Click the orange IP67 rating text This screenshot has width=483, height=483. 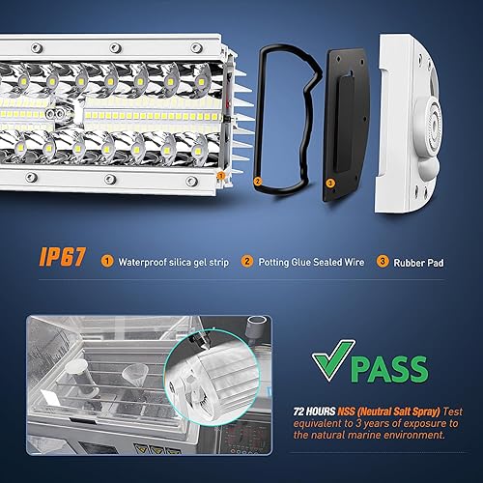(61, 259)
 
